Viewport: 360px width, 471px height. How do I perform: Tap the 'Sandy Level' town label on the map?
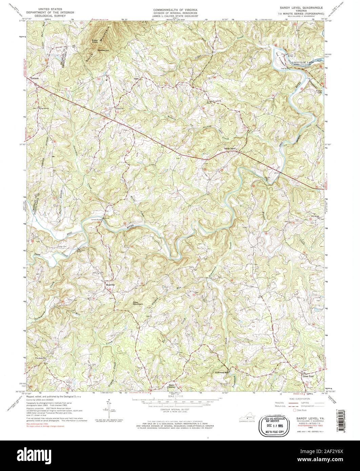pos(229,148)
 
